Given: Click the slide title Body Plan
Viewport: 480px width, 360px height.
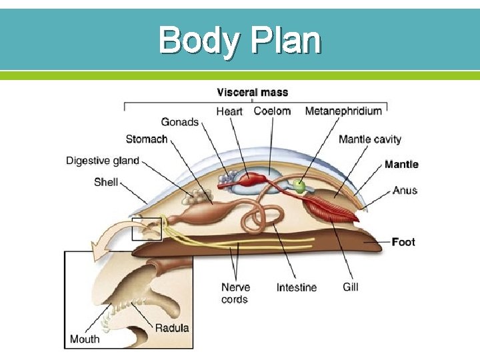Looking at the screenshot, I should click(x=240, y=41).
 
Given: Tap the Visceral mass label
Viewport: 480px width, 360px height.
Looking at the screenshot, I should click(x=252, y=92).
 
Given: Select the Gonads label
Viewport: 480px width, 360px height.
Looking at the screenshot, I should click(x=180, y=122).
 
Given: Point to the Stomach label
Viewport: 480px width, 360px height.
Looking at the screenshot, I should click(x=147, y=139).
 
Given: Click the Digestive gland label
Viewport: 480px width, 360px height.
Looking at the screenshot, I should click(x=103, y=161).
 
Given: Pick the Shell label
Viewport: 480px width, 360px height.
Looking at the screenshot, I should click(x=106, y=181).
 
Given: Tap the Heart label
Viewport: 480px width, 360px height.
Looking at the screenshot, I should click(x=229, y=111).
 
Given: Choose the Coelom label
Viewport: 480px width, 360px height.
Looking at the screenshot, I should click(x=273, y=111).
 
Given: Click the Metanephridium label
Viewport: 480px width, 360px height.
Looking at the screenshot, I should click(x=343, y=111).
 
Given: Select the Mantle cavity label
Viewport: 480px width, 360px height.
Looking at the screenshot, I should click(x=370, y=139).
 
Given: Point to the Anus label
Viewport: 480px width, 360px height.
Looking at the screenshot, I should click(x=405, y=190).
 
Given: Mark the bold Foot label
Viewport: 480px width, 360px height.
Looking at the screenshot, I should click(x=403, y=241).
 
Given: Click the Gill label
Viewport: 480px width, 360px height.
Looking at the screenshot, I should click(x=351, y=287).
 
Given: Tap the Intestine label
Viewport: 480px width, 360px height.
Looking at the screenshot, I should click(x=297, y=287).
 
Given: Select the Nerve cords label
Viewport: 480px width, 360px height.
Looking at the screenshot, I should click(x=236, y=293).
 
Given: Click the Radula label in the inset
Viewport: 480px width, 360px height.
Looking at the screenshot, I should click(x=172, y=327).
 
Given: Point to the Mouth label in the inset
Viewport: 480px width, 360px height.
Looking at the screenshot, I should click(x=85, y=339).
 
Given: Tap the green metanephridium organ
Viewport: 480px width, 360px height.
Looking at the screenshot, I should click(x=299, y=187).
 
